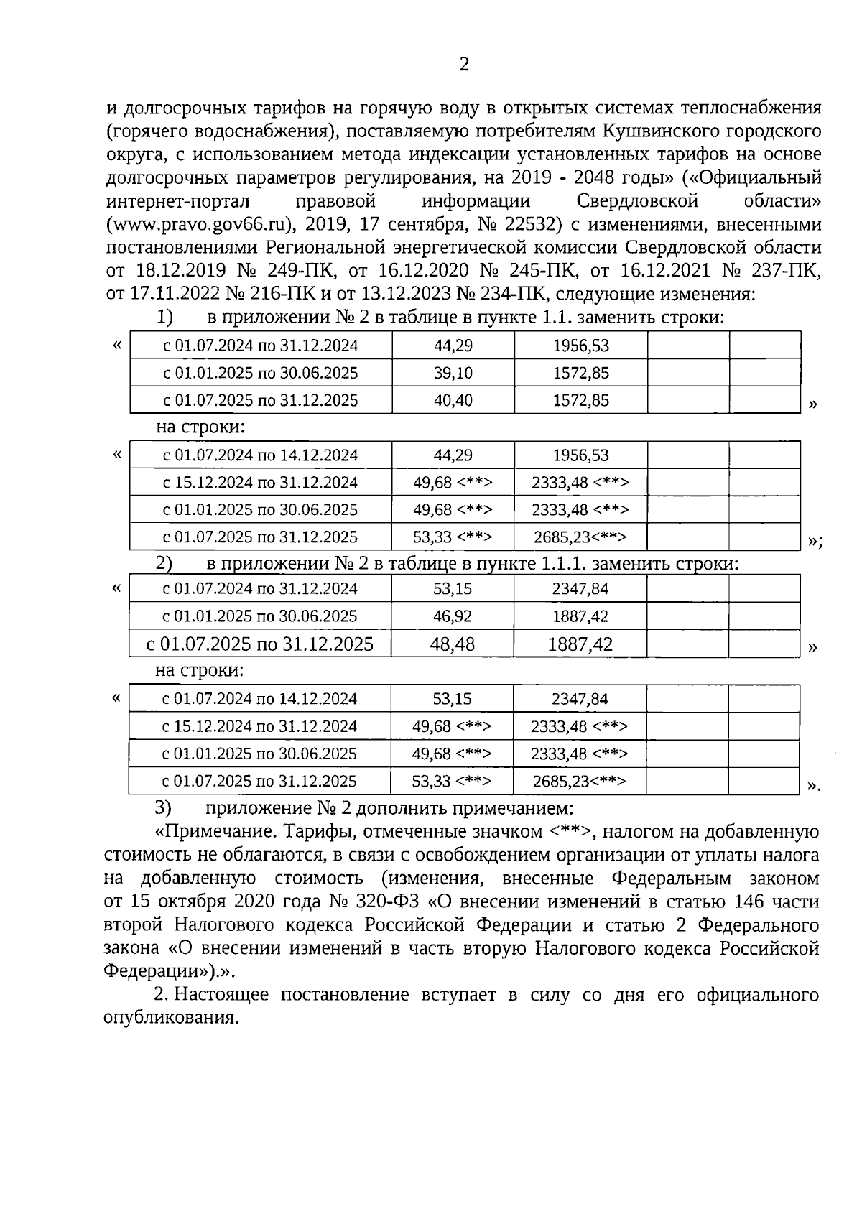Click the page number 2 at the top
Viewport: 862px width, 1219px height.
(x=463, y=65)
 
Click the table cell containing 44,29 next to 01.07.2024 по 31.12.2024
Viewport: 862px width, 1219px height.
(x=453, y=346)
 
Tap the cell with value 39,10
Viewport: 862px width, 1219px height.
(x=453, y=373)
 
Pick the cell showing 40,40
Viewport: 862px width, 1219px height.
(x=453, y=400)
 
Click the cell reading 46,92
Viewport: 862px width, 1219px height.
(x=453, y=616)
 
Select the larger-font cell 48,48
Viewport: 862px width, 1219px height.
(x=453, y=644)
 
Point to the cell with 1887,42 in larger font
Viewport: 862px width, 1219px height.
(x=580, y=644)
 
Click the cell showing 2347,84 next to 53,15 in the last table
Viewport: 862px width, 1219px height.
(x=580, y=699)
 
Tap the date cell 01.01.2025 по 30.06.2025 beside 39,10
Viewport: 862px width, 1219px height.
(x=261, y=373)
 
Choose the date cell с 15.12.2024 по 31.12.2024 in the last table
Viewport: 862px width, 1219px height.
(x=259, y=726)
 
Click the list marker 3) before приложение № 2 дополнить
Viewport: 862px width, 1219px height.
(x=163, y=807)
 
